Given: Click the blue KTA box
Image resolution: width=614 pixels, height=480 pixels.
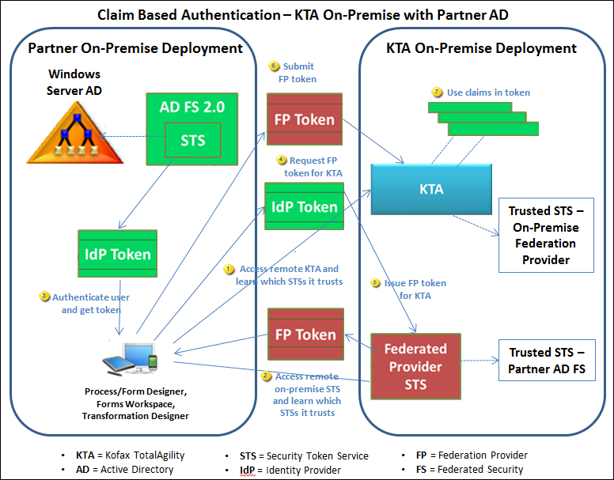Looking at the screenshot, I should click(432, 189).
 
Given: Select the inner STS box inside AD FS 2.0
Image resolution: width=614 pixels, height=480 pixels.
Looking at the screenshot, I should click(192, 140).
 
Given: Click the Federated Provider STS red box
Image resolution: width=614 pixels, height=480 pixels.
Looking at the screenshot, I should click(415, 366).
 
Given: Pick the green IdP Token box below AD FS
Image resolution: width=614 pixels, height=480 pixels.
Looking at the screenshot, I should click(118, 254).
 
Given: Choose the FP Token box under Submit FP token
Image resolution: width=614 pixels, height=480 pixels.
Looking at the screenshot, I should click(305, 120).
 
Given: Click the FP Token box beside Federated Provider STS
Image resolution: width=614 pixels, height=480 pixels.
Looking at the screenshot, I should click(305, 334).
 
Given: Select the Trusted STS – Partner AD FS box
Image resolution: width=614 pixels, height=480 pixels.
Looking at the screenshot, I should click(547, 360).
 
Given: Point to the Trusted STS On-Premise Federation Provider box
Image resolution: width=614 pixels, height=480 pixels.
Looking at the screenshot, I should click(546, 235).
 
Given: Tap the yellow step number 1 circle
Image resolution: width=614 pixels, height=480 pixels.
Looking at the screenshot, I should click(229, 269).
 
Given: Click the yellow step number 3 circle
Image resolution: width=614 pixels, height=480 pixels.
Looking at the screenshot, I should click(44, 297).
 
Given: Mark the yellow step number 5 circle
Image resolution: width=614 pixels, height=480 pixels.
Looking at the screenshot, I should click(377, 283).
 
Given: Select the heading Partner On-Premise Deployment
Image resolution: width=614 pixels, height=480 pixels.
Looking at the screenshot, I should click(135, 48).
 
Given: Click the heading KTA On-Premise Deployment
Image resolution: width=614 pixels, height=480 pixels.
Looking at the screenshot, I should click(482, 48).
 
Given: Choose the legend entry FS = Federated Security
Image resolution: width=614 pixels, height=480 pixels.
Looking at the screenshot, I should click(469, 470).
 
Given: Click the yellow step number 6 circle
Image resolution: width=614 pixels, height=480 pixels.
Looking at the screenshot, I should click(275, 66).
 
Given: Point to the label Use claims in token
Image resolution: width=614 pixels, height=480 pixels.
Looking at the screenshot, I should click(488, 93).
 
